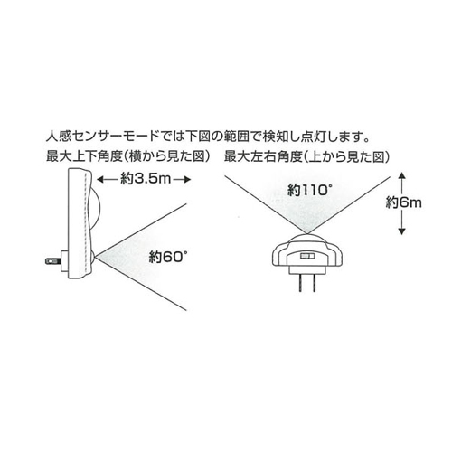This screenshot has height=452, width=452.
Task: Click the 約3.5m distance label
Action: [x=146, y=180]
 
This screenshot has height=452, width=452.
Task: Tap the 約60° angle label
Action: [x=167, y=258]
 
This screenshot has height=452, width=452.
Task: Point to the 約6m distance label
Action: [x=403, y=203]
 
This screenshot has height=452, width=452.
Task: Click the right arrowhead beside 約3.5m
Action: [x=187, y=180]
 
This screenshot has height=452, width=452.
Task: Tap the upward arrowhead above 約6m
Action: [x=401, y=176]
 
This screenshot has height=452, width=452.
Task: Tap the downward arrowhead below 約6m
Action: [x=401, y=231]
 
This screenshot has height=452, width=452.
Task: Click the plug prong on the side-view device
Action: [x=53, y=261]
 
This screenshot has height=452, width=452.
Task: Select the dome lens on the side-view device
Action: [x=94, y=209]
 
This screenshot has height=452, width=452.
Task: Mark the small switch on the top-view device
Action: [x=307, y=256]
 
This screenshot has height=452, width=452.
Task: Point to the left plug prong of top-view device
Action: [x=300, y=283]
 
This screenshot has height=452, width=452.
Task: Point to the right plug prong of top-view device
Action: [x=315, y=283]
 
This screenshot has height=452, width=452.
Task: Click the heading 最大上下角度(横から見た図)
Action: [x=128, y=156]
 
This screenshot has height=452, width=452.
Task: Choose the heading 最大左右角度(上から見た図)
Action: [x=307, y=156]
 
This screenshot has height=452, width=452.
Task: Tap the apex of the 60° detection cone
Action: [x=96, y=257]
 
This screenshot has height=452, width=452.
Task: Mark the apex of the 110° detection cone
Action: [x=307, y=233]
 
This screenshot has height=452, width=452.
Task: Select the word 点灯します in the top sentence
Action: [x=331, y=137]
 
